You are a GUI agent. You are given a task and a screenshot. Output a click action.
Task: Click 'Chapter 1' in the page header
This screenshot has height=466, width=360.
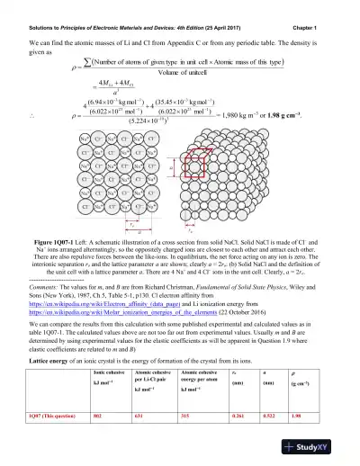(330, 8)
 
